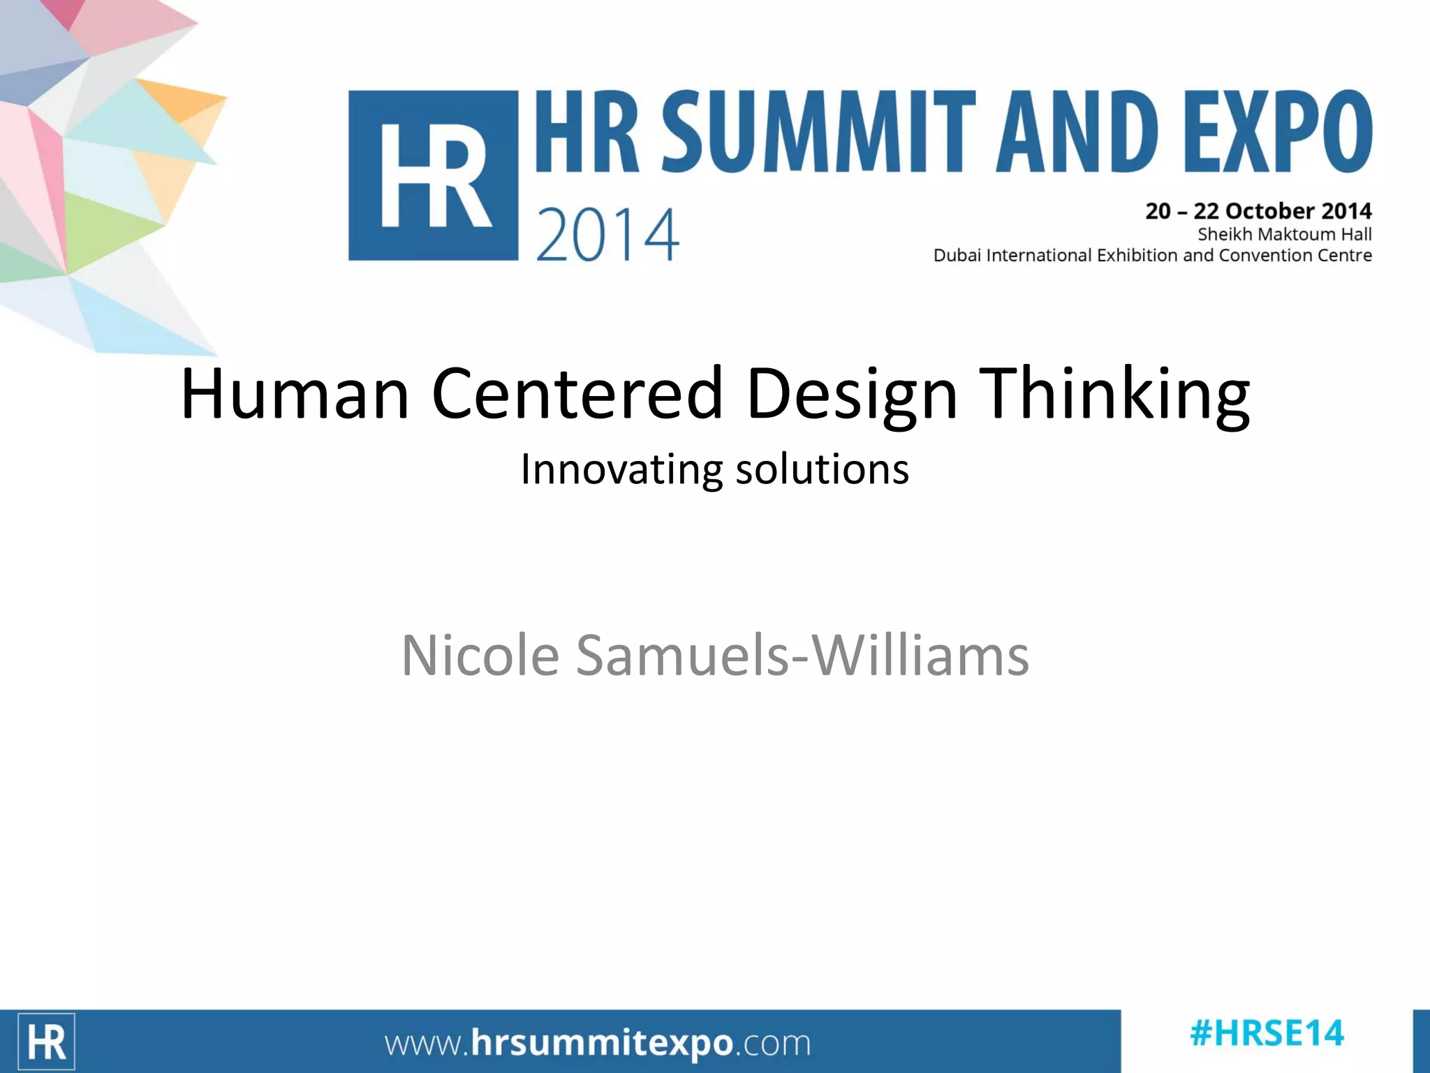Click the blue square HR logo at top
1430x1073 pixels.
click(x=433, y=176)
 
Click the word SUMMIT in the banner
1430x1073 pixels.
click(x=817, y=132)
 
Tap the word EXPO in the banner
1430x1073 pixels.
click(x=1277, y=132)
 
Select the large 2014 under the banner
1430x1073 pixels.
click(x=607, y=235)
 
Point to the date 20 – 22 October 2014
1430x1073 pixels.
click(x=1258, y=211)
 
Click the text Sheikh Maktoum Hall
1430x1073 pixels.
click(x=1284, y=234)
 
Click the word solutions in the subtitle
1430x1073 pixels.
click(x=823, y=469)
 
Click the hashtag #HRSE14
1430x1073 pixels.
click(x=1267, y=1034)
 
